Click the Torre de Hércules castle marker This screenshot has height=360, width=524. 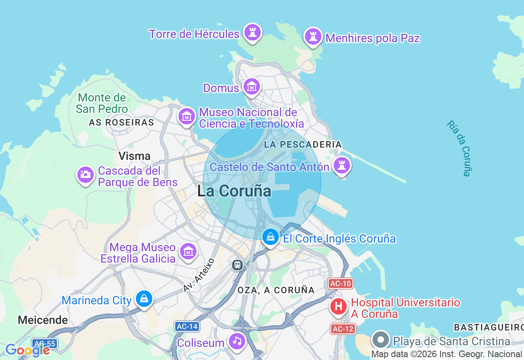pyautogui.click(x=252, y=33)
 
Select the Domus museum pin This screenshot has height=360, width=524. pyautogui.click(x=252, y=87)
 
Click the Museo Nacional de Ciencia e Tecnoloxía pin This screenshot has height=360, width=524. pyautogui.click(x=187, y=117)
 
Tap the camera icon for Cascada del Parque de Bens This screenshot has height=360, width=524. pyautogui.click(x=86, y=175)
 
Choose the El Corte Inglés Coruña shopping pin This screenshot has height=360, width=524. pyautogui.click(x=271, y=237)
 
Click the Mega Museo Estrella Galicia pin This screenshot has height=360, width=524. pyautogui.click(x=188, y=252)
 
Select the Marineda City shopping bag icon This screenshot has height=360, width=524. pyautogui.click(x=144, y=299)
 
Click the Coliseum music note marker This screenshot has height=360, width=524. pyautogui.click(x=237, y=341)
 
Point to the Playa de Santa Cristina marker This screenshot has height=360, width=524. pyautogui.click(x=381, y=340)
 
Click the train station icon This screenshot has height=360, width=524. pyautogui.click(x=237, y=265)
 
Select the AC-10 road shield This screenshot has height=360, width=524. pyautogui.click(x=340, y=283)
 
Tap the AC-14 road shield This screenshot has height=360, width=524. pyautogui.click(x=187, y=326)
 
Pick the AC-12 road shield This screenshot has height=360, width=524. pyautogui.click(x=343, y=328)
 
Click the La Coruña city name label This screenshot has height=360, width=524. pyautogui.click(x=234, y=191)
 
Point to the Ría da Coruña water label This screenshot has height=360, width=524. pyautogui.click(x=460, y=148)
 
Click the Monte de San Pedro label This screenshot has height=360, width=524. pyautogui.click(x=102, y=103)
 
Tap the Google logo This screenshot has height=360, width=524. pyautogui.click(x=27, y=350)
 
